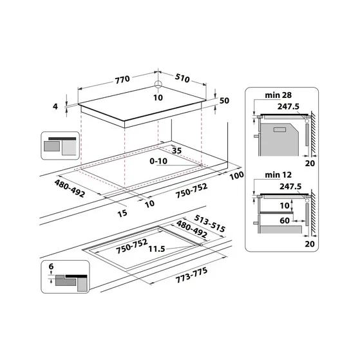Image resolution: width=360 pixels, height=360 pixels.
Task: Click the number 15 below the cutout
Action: coord(122,213)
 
